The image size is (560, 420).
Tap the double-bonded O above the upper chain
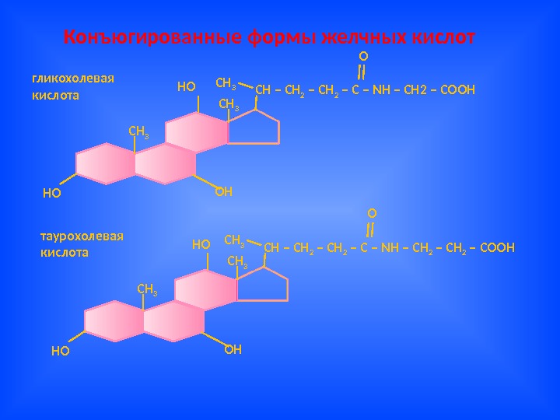click(362, 57)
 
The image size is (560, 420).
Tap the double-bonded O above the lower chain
click(371, 212)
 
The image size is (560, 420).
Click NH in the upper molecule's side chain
click(381, 90)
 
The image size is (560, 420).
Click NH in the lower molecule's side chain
click(390, 248)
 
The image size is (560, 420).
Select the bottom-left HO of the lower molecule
click(60, 351)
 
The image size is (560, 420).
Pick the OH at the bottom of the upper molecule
click(224, 191)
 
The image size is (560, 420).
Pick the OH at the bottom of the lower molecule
click(233, 349)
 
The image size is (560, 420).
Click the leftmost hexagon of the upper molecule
click(106, 164)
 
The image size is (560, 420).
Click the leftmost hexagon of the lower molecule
click(114, 323)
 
